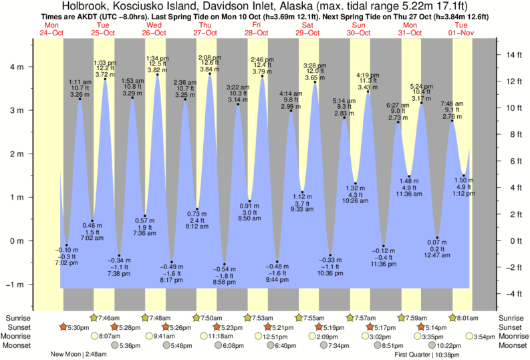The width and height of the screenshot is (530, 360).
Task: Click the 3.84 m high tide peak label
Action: [x=209, y=69]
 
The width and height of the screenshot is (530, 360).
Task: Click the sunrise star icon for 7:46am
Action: [x=94, y=317]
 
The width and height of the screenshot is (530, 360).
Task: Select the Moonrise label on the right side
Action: [x=512, y=336]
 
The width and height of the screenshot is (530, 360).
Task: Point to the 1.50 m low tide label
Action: [x=463, y=180]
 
